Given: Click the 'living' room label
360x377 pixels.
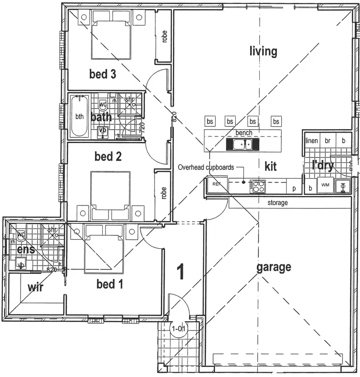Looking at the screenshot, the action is tap(264, 51).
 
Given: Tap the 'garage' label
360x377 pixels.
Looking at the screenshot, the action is tap(273, 267).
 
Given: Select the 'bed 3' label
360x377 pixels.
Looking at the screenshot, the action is tap(103, 74).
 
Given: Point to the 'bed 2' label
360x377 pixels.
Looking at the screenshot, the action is tap(108, 156).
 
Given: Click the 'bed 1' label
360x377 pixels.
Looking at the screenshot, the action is tap(109, 284).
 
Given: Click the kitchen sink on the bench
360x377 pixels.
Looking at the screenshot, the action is tap(242, 144).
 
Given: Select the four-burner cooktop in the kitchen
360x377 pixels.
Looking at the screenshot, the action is tap(257, 186).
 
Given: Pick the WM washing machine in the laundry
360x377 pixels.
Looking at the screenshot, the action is tap(325, 185).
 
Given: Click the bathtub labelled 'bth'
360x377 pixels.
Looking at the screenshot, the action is tap(79, 117).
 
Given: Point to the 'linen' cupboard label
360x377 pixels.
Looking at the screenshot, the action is tap(312, 141).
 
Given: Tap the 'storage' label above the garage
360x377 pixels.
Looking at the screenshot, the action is tap(278, 203).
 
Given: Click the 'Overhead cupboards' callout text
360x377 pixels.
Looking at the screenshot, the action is tap(205, 168).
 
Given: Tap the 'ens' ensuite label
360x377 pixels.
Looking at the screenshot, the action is tap(25, 250).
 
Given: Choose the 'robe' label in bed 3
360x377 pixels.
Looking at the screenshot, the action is tap(165, 37).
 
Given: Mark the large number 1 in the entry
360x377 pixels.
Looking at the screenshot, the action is tap(180, 272).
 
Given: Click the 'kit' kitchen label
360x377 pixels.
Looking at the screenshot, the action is tap(271, 167).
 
